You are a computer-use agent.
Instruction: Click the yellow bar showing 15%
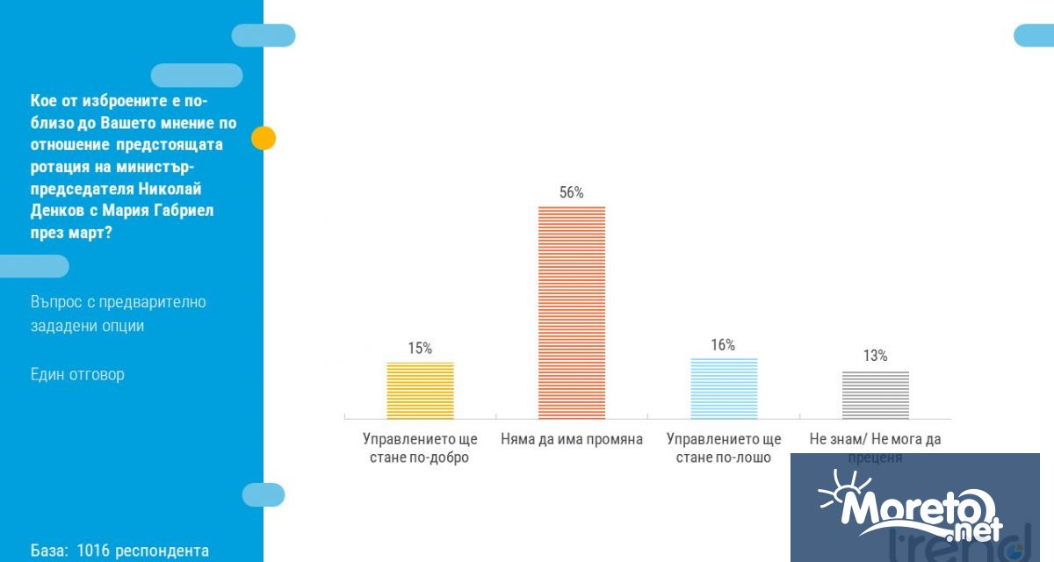point(421,390)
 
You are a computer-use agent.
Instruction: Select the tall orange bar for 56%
point(572,312)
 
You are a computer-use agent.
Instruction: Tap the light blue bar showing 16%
point(724,388)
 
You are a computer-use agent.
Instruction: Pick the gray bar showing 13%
point(876,394)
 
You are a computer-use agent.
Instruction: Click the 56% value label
point(572,192)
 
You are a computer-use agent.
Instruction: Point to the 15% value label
point(420,348)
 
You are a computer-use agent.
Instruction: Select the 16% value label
point(723,345)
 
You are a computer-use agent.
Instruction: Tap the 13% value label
point(875,356)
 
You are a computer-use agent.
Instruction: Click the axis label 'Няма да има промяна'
point(572,439)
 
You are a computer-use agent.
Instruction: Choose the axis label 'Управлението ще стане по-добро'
point(421,448)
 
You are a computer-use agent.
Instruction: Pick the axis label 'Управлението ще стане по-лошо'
point(724,448)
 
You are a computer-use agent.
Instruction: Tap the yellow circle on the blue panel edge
point(263,138)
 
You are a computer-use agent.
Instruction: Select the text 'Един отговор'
point(77,374)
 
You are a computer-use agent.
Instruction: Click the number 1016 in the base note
point(92,551)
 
